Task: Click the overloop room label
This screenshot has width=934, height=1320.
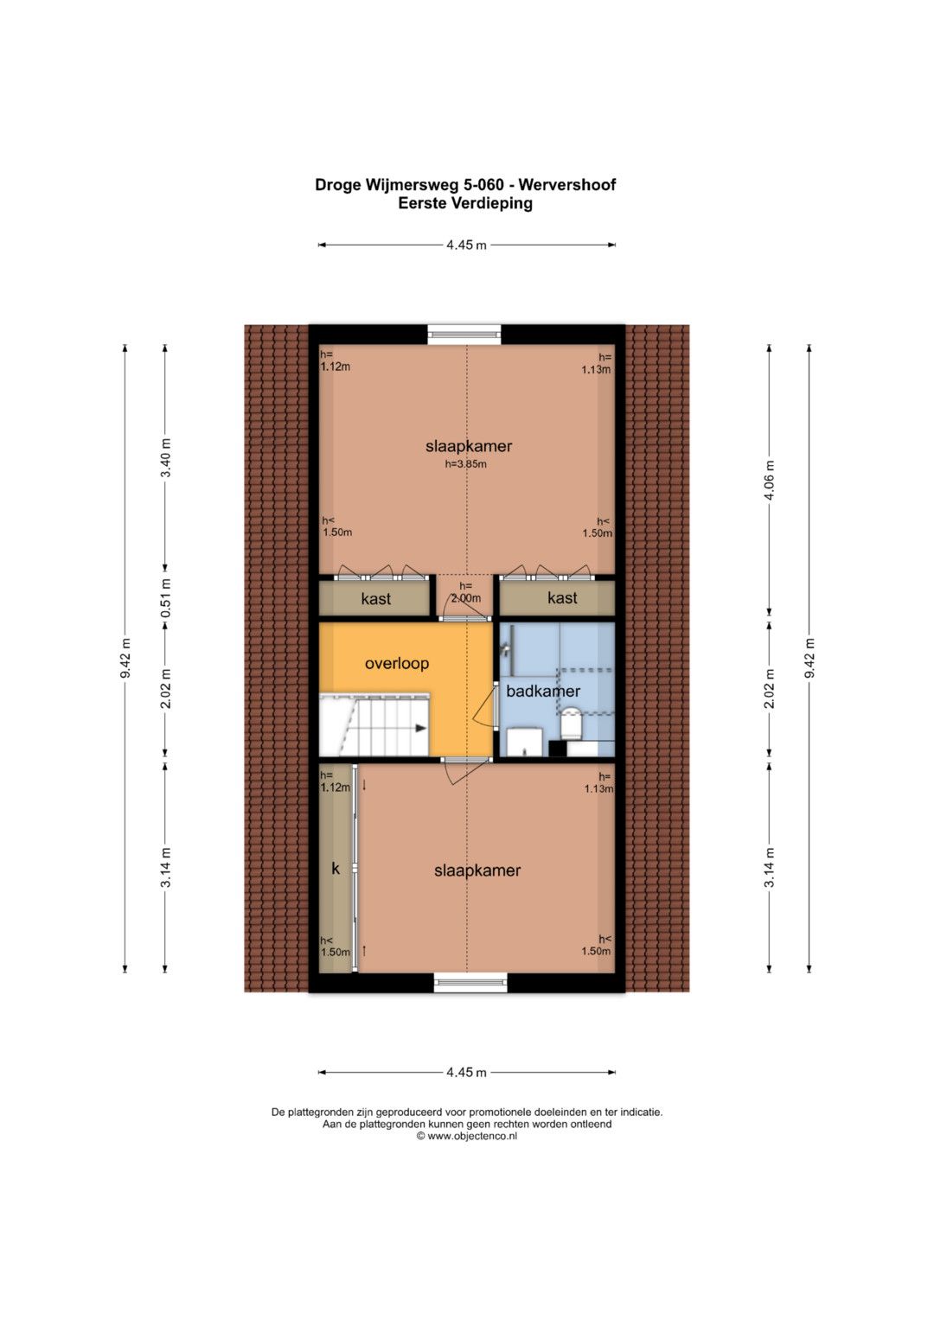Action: click(x=397, y=664)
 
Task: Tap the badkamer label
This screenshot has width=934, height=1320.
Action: click(x=543, y=691)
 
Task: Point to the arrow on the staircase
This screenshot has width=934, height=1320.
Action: click(x=420, y=729)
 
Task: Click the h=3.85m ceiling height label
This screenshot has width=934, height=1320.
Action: click(x=466, y=463)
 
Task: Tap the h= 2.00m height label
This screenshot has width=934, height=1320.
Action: click(x=466, y=591)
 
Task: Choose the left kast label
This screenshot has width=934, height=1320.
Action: click(x=375, y=599)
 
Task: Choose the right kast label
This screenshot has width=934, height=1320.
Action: click(x=562, y=598)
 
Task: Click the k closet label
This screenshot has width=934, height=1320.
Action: click(x=336, y=869)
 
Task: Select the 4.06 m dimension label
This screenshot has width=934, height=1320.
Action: click(x=770, y=479)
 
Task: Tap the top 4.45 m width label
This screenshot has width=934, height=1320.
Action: click(x=466, y=246)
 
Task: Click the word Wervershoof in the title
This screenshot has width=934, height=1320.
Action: click(x=568, y=185)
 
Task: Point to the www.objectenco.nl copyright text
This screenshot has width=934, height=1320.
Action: click(x=466, y=1136)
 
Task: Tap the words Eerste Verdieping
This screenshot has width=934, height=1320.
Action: click(x=465, y=203)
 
